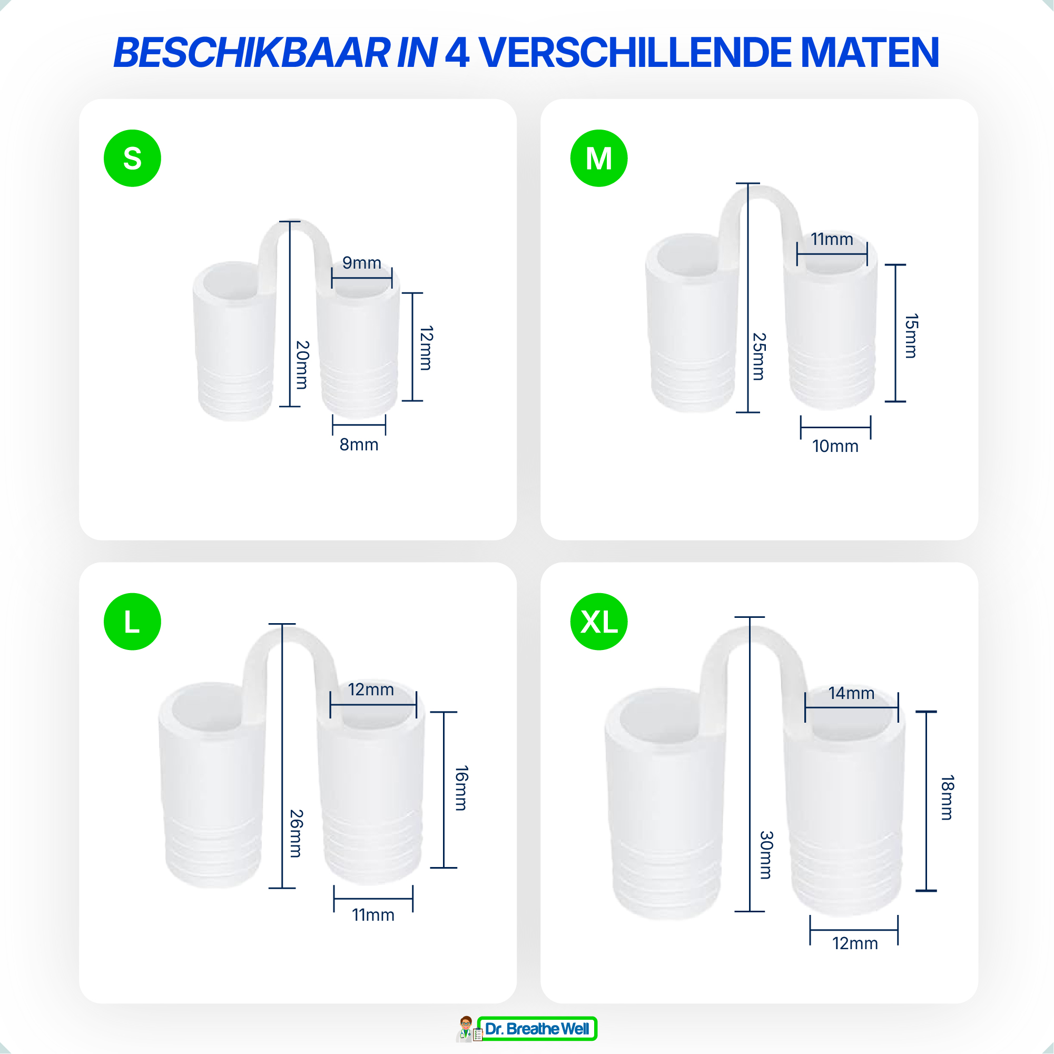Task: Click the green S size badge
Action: pyautogui.click(x=133, y=158)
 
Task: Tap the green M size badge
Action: pyautogui.click(x=599, y=158)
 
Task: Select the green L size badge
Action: pyautogui.click(x=133, y=622)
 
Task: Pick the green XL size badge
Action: pyautogui.click(x=599, y=622)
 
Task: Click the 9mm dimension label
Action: pyautogui.click(x=362, y=263)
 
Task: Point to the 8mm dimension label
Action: pyautogui.click(x=359, y=445)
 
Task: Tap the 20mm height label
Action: pyautogui.click(x=302, y=365)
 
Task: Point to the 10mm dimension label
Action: pyautogui.click(x=835, y=446)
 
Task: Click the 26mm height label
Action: pyautogui.click(x=296, y=834)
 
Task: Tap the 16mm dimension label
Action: pyautogui.click(x=461, y=789)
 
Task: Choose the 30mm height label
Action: pyautogui.click(x=766, y=855)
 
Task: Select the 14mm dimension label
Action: pyautogui.click(x=852, y=693)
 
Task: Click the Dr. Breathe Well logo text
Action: pyautogui.click(x=537, y=1029)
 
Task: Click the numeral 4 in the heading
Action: pyautogui.click(x=457, y=53)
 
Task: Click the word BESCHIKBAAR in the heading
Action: pyautogui.click(x=252, y=53)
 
